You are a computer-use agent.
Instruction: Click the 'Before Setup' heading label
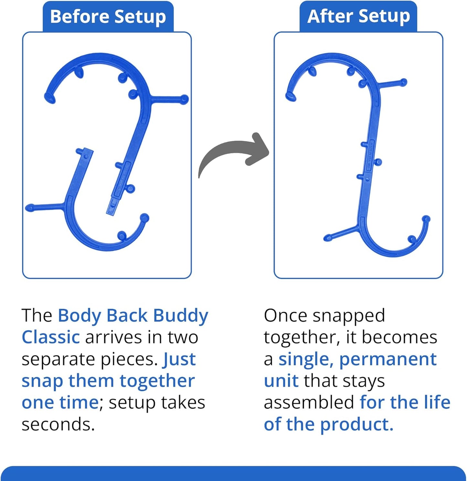point(108,16)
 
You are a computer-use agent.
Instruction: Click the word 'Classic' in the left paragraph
point(51,337)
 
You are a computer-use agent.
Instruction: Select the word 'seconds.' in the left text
point(58,424)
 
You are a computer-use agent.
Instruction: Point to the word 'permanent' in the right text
point(388,359)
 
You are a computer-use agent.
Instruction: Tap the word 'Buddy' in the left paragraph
point(181,316)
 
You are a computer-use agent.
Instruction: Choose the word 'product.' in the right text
point(357,424)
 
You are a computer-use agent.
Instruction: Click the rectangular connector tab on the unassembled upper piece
point(112,207)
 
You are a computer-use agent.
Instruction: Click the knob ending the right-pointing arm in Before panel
point(184,99)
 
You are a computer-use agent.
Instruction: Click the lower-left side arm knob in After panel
point(328,238)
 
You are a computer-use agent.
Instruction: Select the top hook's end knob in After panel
point(290,96)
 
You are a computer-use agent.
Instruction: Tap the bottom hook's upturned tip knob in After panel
point(426,219)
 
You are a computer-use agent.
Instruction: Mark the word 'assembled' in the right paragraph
point(309,403)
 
